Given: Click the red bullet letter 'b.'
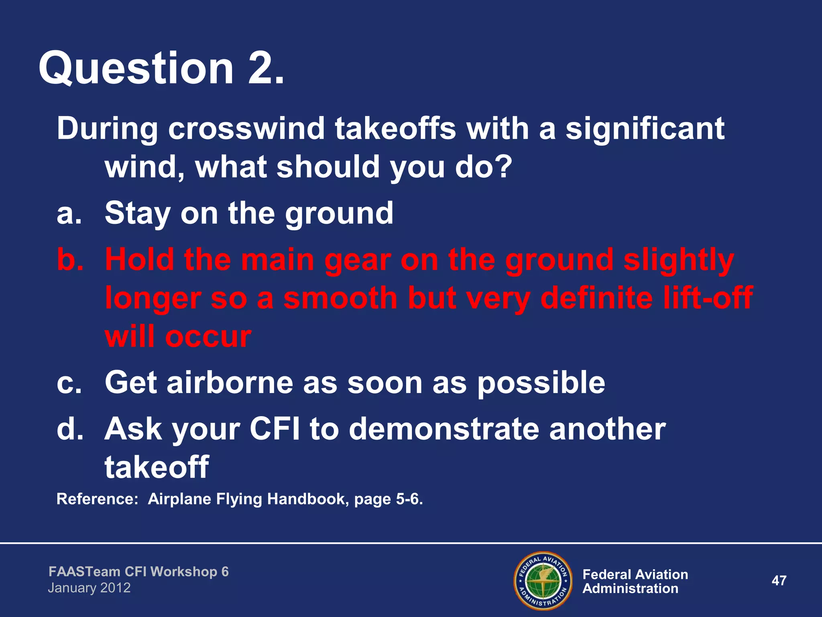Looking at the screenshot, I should tap(70, 259).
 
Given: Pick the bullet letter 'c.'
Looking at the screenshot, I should tap(69, 382).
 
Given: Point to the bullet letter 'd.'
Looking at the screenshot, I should tap(70, 429).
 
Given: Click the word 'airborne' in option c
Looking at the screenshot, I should tap(230, 382).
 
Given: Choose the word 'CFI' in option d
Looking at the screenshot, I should tap(275, 429).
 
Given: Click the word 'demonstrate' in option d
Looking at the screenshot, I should tap(444, 429).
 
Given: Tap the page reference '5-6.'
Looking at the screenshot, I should tap(409, 499).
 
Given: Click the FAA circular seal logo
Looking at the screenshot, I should tap(543, 580).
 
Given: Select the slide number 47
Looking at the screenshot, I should tap(779, 580).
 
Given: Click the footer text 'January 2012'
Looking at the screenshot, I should tap(89, 588).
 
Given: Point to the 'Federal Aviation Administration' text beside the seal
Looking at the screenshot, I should tap(635, 581).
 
